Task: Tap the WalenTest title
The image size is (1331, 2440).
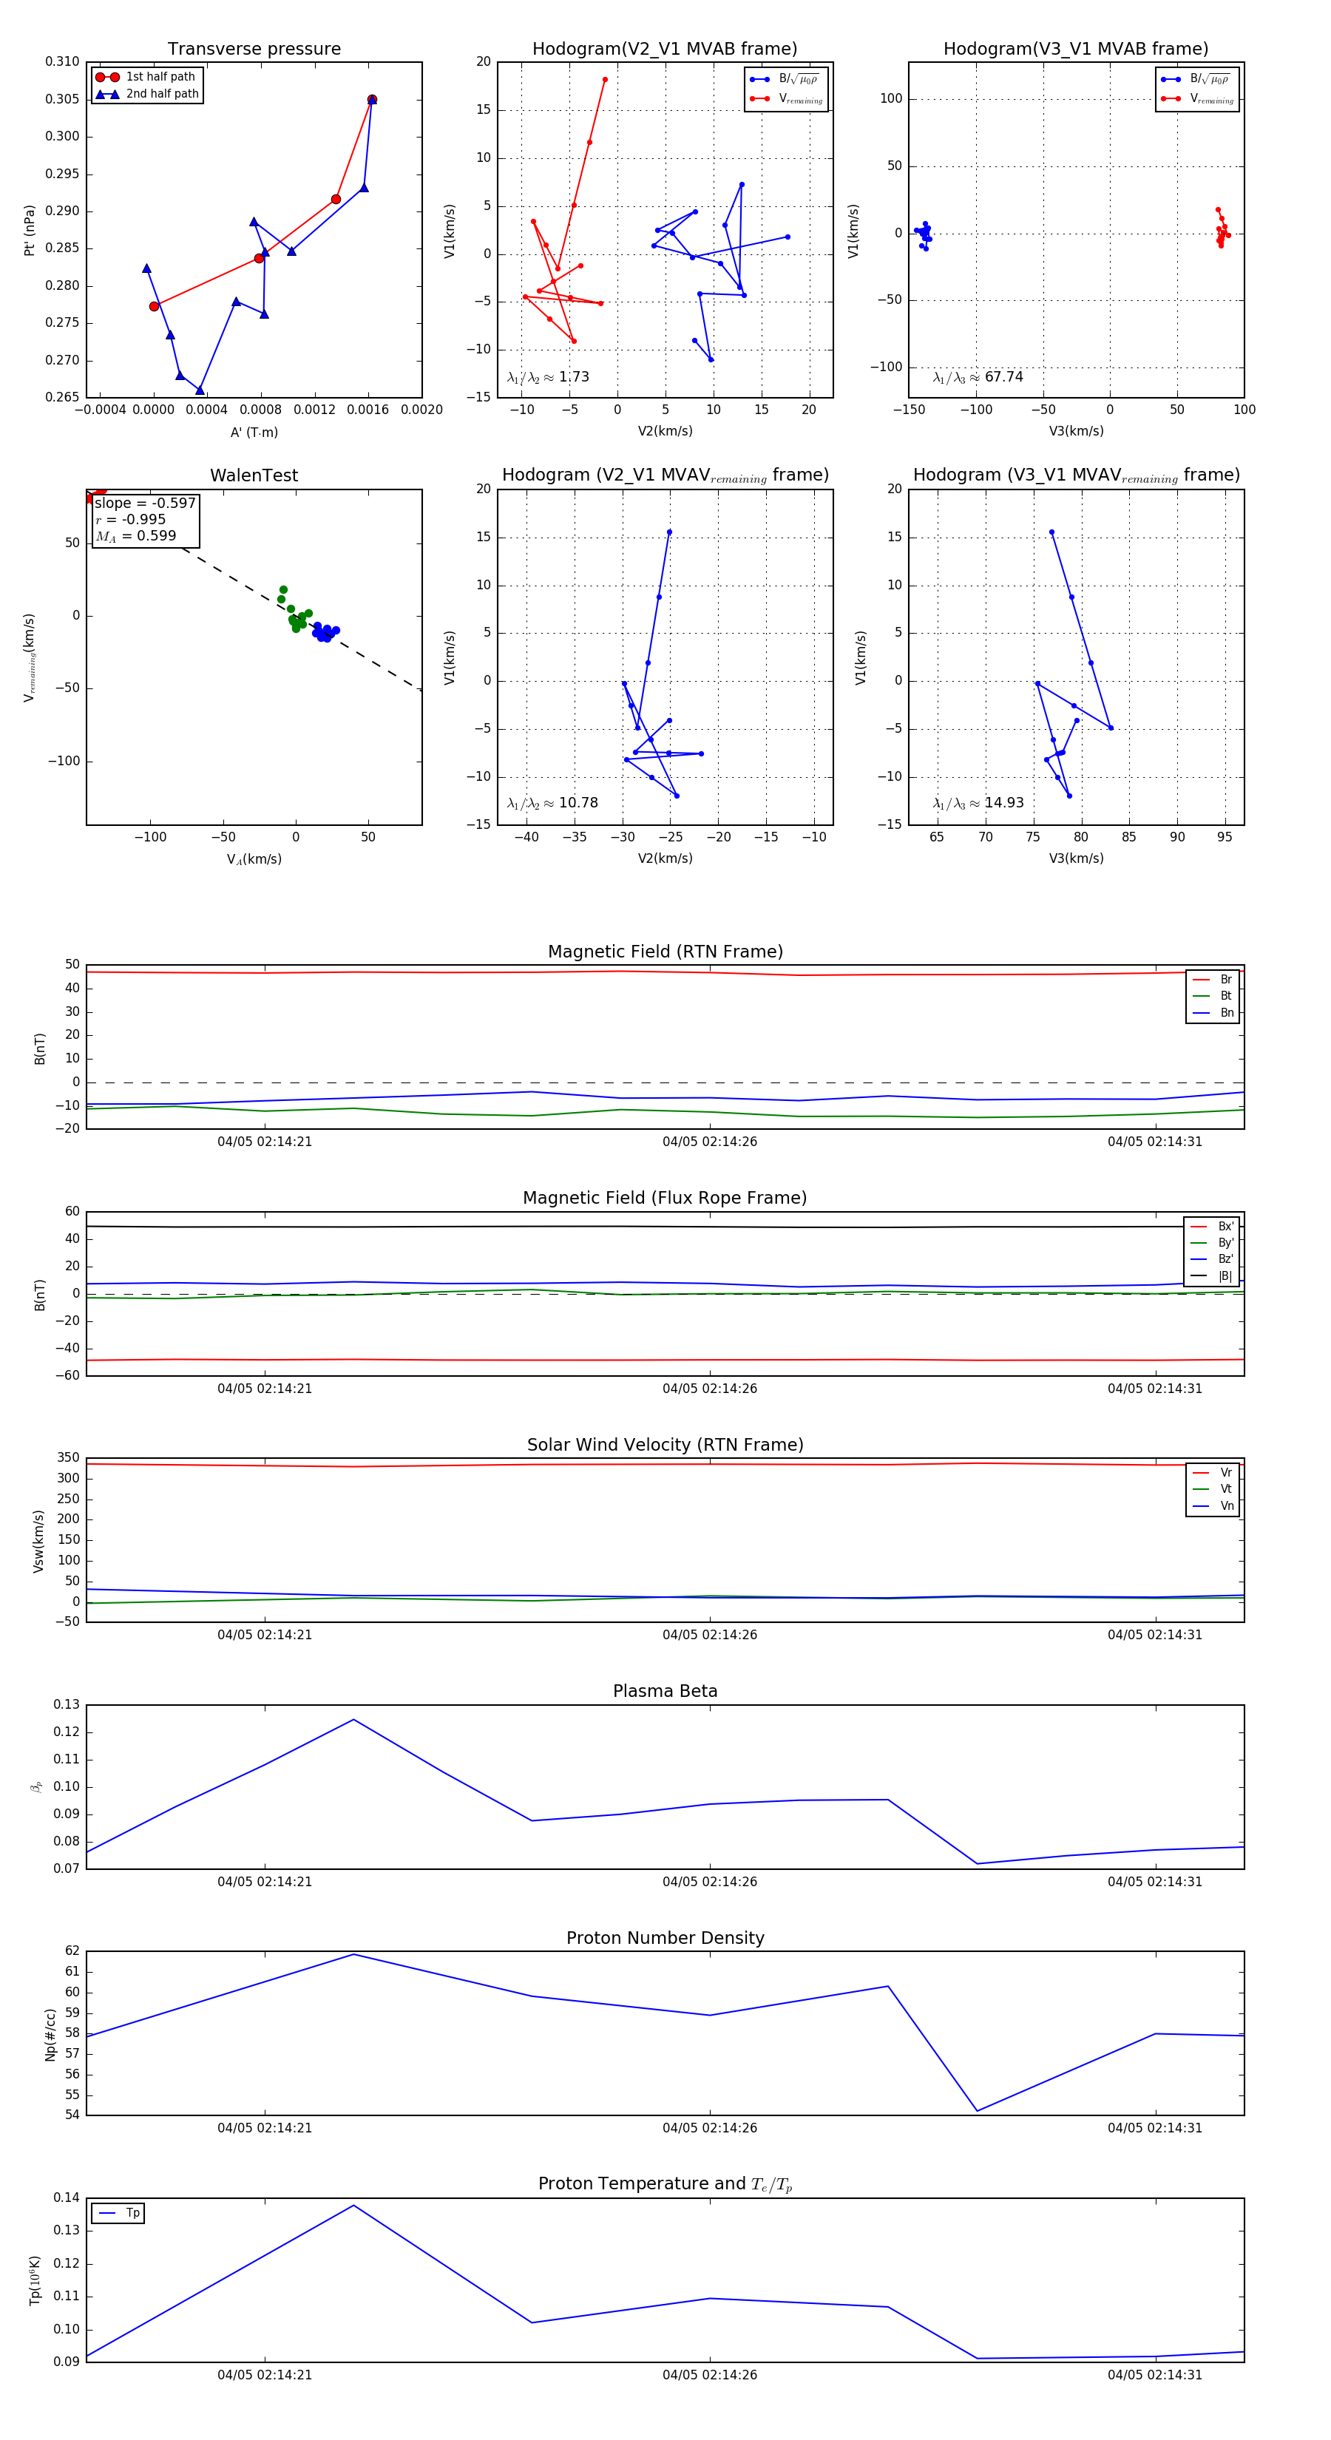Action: pyautogui.click(x=254, y=475)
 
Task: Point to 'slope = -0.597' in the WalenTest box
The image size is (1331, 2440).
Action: pyautogui.click(x=145, y=503)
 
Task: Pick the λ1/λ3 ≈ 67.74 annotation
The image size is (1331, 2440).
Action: pyautogui.click(x=978, y=377)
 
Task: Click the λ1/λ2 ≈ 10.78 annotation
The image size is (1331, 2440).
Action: pyautogui.click(x=552, y=803)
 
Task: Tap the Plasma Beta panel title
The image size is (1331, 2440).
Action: pyautogui.click(x=665, y=1691)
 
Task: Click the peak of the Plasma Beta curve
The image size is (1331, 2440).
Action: pyautogui.click(x=353, y=1719)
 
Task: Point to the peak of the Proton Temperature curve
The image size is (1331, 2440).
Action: pyautogui.click(x=353, y=2205)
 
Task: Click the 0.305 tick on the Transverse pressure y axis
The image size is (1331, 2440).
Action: pyautogui.click(x=63, y=100)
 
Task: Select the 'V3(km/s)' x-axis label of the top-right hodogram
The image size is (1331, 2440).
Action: pyautogui.click(x=1075, y=431)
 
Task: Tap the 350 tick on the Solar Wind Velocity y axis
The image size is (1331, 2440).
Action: pyautogui.click(x=68, y=1458)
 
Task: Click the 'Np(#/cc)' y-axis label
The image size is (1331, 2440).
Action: pyautogui.click(x=50, y=2035)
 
